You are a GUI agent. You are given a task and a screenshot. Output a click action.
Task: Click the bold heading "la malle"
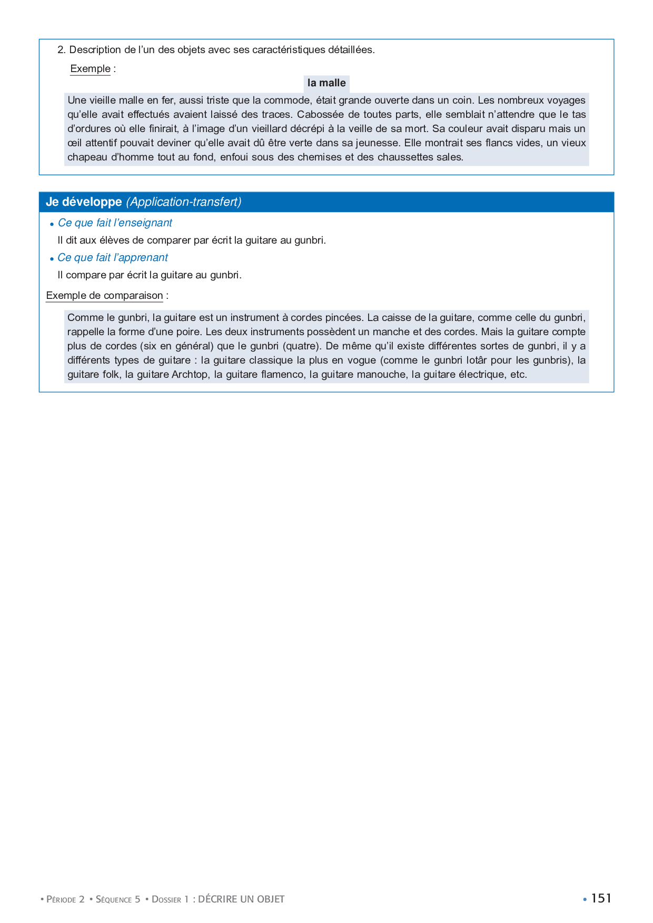coord(326,83)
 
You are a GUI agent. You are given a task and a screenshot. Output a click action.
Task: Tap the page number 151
coord(601,898)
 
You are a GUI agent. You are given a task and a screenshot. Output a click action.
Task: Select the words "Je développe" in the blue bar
coord(84,202)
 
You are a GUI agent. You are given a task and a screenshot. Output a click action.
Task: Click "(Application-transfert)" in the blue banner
coord(184,202)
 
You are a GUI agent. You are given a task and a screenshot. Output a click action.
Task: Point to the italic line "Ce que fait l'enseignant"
coord(115,223)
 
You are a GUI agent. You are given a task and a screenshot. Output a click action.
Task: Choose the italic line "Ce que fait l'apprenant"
coord(113,258)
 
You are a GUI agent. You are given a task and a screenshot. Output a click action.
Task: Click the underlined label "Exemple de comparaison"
coord(104,296)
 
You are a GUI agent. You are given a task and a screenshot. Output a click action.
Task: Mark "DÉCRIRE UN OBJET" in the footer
coord(241,899)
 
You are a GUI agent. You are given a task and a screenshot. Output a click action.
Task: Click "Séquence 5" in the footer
coord(118,899)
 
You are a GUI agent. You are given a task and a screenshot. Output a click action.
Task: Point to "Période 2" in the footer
coord(65,899)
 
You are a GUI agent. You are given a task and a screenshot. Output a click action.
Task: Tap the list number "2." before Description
coord(62,50)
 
